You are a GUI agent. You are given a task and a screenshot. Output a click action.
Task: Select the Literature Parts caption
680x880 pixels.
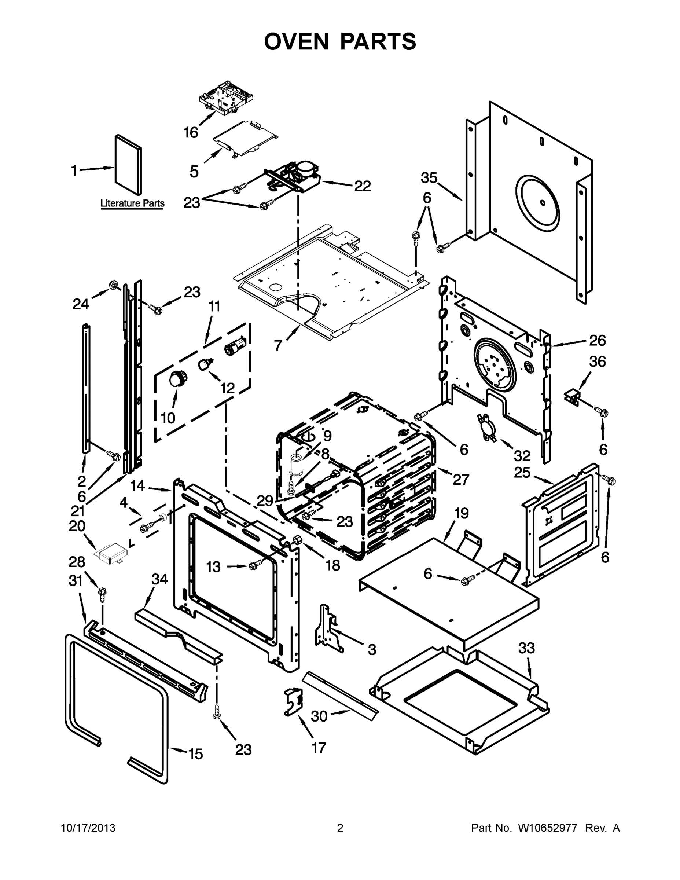pyautogui.click(x=132, y=203)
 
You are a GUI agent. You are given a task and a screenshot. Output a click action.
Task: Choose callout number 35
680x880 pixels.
pyautogui.click(x=429, y=178)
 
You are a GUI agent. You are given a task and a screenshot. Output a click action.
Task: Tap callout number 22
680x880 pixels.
pyautogui.click(x=362, y=186)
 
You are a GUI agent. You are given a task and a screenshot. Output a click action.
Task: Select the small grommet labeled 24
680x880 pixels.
pyautogui.click(x=113, y=286)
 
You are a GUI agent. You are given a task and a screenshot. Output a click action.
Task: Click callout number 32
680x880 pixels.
pyautogui.click(x=522, y=456)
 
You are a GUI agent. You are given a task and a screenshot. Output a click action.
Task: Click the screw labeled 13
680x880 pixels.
pyautogui.click(x=254, y=566)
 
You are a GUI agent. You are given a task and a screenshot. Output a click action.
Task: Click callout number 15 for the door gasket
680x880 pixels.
pyautogui.click(x=196, y=754)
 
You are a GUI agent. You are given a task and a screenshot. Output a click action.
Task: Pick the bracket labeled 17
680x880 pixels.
pyautogui.click(x=293, y=701)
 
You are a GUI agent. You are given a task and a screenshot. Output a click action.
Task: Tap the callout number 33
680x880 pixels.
pyautogui.click(x=526, y=648)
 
